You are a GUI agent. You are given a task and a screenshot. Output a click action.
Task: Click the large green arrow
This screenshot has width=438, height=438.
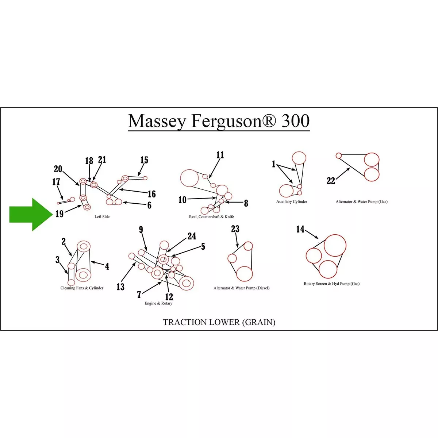click(x=31, y=214)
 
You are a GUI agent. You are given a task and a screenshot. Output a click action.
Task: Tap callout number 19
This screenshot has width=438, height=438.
click(x=59, y=214)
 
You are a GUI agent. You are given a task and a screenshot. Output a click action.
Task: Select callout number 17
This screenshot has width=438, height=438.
click(x=56, y=182)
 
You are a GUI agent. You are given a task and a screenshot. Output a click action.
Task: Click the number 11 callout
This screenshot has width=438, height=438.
click(x=220, y=155)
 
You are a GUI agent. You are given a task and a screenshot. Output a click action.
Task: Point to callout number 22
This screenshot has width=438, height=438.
click(x=331, y=181)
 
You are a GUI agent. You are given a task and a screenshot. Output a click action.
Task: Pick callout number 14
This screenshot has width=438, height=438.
click(x=300, y=229)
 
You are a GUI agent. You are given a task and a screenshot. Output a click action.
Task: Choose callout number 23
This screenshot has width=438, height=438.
click(x=235, y=229)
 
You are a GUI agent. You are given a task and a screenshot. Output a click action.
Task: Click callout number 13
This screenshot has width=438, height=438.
click(x=120, y=287)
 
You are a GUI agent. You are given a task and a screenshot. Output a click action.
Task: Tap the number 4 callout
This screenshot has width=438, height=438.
click(x=107, y=266)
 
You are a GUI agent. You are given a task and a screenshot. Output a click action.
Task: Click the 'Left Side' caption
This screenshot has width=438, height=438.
click(x=102, y=217)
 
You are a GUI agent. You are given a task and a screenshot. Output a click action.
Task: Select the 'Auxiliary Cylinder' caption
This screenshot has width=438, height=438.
click(x=292, y=201)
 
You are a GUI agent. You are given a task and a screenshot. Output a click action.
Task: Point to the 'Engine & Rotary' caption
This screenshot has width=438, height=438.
click(x=158, y=303)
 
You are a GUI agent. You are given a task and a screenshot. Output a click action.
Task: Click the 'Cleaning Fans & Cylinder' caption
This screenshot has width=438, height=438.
click(x=82, y=288)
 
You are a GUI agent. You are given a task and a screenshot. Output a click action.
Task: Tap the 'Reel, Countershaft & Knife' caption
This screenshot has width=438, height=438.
click(x=211, y=217)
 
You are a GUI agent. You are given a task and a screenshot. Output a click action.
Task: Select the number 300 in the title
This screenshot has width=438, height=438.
click(x=296, y=121)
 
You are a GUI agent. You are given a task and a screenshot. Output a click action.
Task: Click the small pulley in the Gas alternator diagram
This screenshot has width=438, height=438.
click(x=338, y=156)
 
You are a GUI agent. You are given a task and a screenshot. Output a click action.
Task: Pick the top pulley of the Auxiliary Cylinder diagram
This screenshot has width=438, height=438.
click(x=299, y=158)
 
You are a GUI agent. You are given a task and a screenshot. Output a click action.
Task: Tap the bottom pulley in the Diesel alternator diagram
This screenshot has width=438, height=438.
click(x=244, y=274)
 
